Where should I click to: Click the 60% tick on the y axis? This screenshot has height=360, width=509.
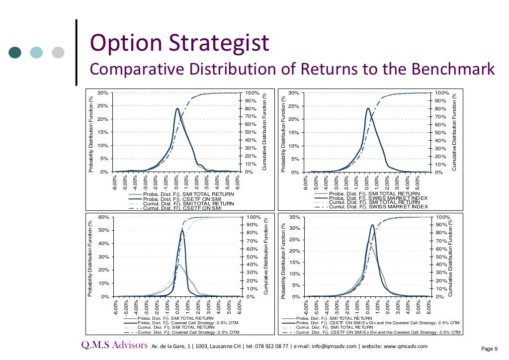103,217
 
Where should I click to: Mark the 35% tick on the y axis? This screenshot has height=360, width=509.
294,217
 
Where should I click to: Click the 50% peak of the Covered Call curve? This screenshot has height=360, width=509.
182,230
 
